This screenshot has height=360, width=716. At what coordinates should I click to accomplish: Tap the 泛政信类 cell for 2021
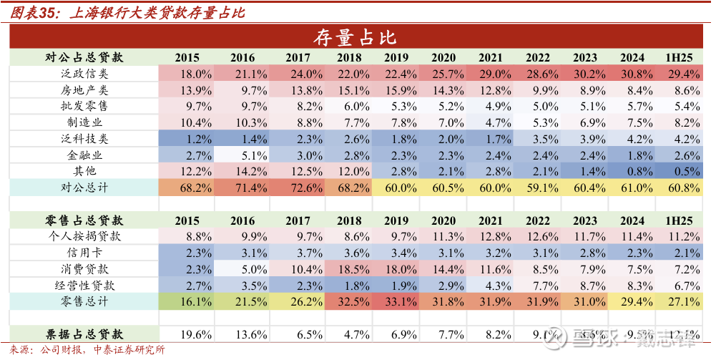point(496,74)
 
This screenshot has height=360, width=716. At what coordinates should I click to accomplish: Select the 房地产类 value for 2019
point(400,90)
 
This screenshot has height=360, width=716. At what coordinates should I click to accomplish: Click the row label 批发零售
point(84,106)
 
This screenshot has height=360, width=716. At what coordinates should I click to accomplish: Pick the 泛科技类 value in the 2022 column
point(544,139)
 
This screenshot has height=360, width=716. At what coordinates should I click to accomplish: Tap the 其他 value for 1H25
point(683,171)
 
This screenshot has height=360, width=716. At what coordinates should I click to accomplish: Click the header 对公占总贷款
point(84,57)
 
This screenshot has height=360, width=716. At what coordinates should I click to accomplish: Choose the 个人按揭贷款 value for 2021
point(496,237)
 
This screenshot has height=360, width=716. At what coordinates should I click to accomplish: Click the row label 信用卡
point(84,253)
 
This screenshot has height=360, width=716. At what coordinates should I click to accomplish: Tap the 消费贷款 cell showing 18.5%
point(352,269)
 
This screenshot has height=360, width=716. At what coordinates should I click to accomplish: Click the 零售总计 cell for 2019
point(400,301)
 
